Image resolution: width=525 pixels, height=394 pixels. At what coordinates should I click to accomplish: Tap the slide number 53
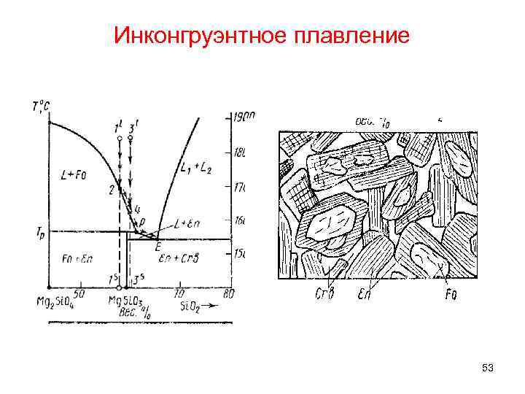pos(488,369)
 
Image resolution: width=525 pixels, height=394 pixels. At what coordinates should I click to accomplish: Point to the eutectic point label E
pos(157,247)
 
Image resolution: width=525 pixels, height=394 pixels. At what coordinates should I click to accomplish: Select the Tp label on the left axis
pos(39,233)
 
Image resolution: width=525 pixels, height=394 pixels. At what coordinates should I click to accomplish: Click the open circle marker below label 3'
pos(130,138)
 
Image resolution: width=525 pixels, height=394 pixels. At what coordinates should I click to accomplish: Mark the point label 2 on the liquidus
pos(112,190)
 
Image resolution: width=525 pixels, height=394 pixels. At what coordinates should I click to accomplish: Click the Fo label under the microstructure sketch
pos(453,295)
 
